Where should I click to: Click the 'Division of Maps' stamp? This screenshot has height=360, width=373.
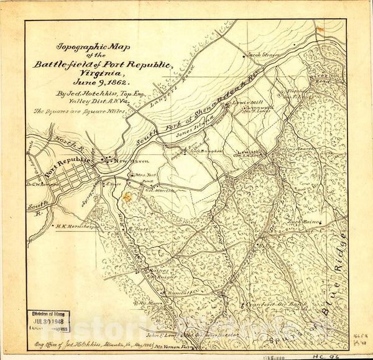[49, 315]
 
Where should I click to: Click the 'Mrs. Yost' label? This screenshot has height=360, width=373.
[144, 176]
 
